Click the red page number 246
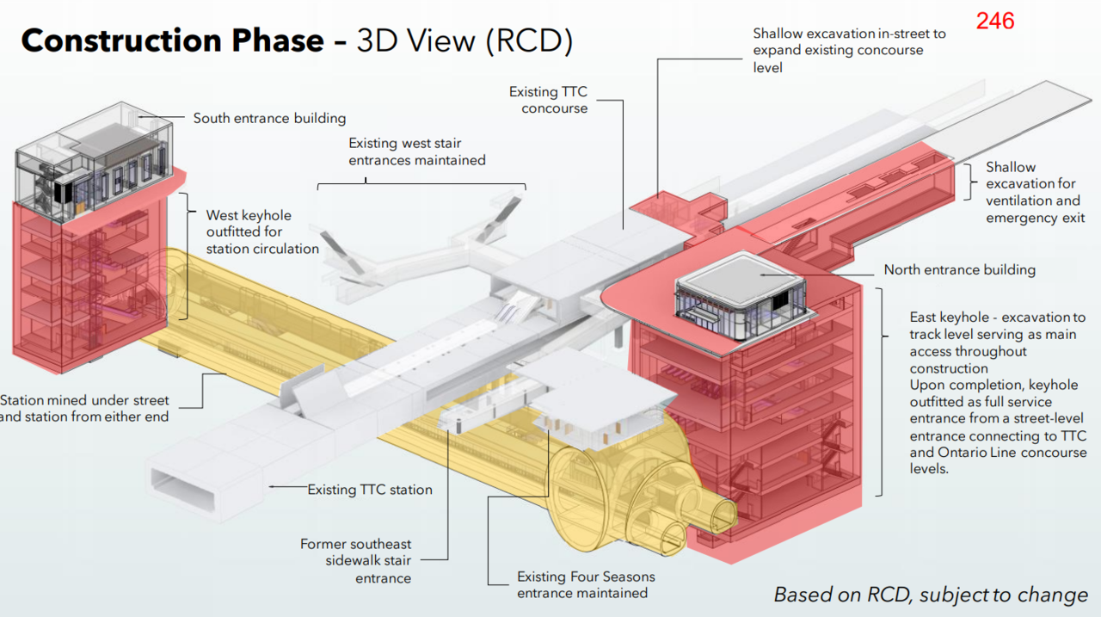point(994,21)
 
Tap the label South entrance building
point(269,118)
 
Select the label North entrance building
point(959,269)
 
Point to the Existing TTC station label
point(370,490)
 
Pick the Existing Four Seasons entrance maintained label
point(586,584)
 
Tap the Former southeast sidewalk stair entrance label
point(356,561)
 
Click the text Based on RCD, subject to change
point(931,595)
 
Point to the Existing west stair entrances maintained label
point(416,151)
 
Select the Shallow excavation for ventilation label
point(1033,192)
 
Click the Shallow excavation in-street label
point(849,50)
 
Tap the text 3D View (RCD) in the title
point(464,40)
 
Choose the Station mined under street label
point(85,409)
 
